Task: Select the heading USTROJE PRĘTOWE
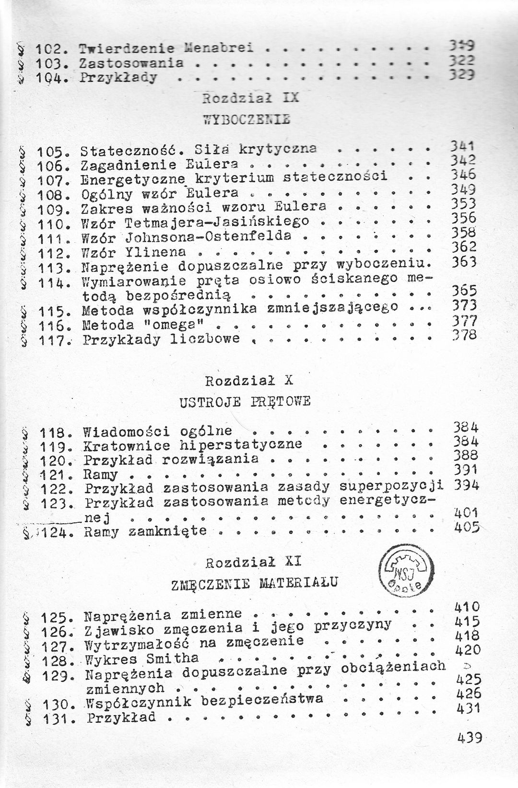(245, 401)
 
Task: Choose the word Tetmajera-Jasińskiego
(216, 222)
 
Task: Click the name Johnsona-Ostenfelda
(208, 236)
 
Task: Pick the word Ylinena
(155, 251)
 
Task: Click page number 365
(464, 291)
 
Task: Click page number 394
(466, 485)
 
